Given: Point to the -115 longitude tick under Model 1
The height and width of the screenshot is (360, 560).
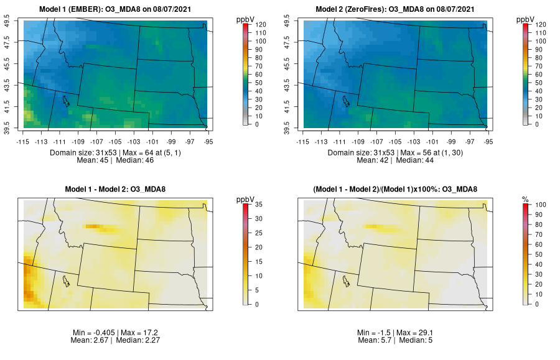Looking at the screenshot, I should click(23, 141).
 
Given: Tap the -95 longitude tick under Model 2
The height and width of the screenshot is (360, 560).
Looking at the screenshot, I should click(489, 141).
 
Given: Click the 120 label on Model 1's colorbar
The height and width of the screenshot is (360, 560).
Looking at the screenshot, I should click(260, 24).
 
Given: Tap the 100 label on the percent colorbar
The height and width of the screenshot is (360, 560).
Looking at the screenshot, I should click(540, 203).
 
